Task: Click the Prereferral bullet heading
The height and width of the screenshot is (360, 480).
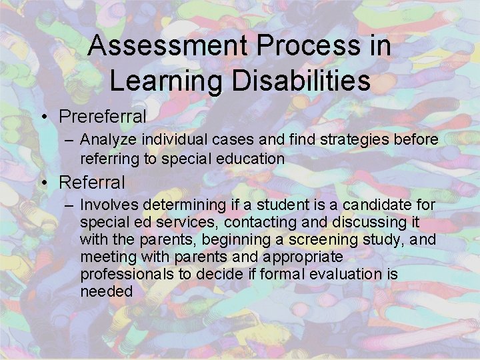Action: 103,117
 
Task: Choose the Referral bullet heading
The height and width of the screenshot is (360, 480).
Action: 92,181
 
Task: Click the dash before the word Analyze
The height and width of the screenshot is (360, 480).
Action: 70,140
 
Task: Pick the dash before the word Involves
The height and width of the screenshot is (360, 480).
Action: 70,205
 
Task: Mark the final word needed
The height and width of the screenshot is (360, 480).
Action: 107,291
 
